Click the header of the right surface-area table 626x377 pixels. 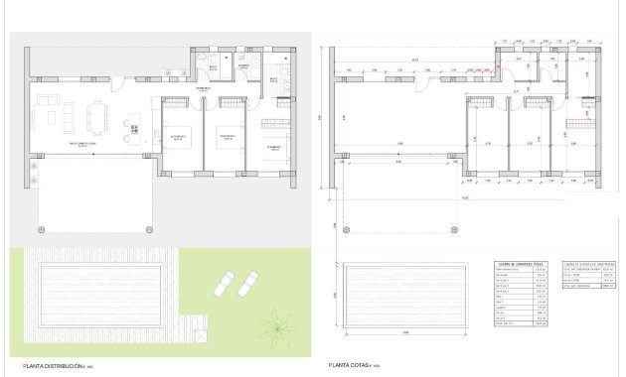click(582, 266)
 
